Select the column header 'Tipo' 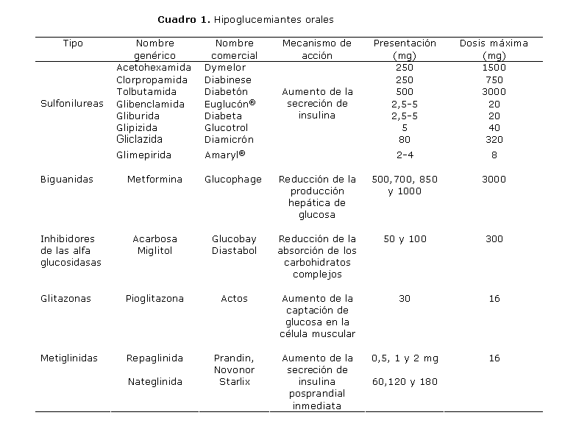coord(73,43)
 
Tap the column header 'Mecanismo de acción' coord(317,49)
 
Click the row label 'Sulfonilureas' coord(72,104)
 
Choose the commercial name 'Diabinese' coord(227,79)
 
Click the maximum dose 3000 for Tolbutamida coord(494,92)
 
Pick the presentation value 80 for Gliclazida coord(405,139)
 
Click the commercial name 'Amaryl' coord(224,155)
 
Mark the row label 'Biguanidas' coord(66,180)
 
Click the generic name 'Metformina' coord(154,180)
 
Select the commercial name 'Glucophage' coord(232,180)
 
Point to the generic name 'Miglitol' coord(154,251)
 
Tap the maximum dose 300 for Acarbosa coord(494,239)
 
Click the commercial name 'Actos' coord(234,299)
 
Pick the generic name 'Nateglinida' coord(154,382)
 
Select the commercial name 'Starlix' coord(234,382)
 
